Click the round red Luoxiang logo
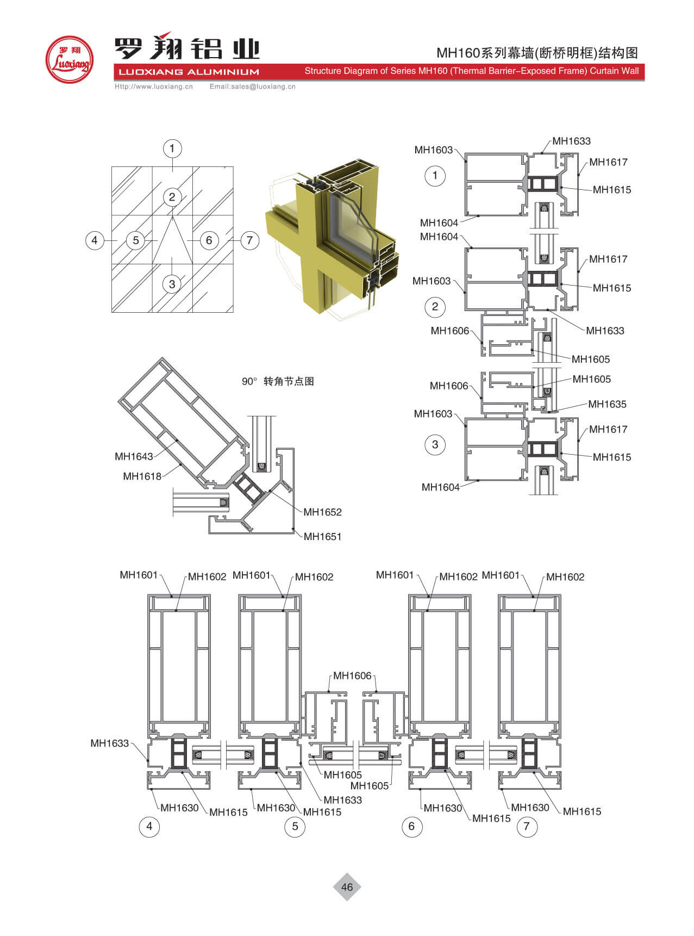68,59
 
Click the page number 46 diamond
347,887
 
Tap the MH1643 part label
134,456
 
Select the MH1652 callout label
322,512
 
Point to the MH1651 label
322,536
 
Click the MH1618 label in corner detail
142,476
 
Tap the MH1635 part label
607,404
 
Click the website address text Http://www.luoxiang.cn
154,86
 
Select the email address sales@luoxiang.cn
252,86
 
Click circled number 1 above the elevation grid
172,148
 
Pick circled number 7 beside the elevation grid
249,240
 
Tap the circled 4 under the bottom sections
149,827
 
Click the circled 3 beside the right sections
435,444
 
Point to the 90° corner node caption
278,381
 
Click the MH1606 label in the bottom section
352,675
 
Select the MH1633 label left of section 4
109,743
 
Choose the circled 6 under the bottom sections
411,827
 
